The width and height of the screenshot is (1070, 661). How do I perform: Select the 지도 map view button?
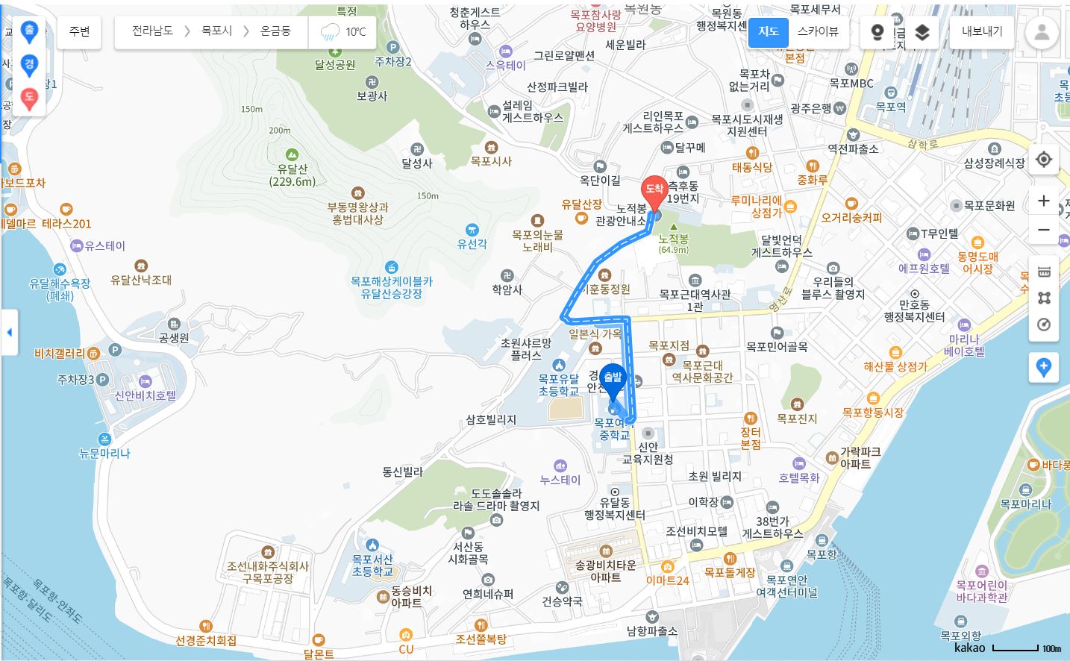[x=768, y=31]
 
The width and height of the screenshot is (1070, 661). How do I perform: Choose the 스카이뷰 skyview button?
[x=818, y=31]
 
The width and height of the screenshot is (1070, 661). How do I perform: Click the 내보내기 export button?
[x=981, y=31]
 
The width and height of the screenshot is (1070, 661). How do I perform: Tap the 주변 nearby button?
[x=79, y=31]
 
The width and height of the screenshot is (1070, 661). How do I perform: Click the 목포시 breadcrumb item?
[x=216, y=31]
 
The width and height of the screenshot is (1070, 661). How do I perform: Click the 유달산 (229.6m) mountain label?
[x=292, y=175]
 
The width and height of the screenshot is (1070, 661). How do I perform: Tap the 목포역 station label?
[x=891, y=107]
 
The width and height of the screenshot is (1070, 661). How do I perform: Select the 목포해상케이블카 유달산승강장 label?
[x=391, y=287]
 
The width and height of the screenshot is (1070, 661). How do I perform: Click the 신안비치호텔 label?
[x=146, y=395]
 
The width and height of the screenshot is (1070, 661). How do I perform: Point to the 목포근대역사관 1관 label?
[x=695, y=300]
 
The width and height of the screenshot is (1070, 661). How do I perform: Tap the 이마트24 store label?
[x=668, y=580]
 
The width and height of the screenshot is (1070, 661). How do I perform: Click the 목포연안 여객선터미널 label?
[x=787, y=586]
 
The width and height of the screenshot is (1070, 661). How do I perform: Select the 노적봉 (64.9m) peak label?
[x=673, y=242]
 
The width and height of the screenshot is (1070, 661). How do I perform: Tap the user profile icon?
[x=1042, y=32]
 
